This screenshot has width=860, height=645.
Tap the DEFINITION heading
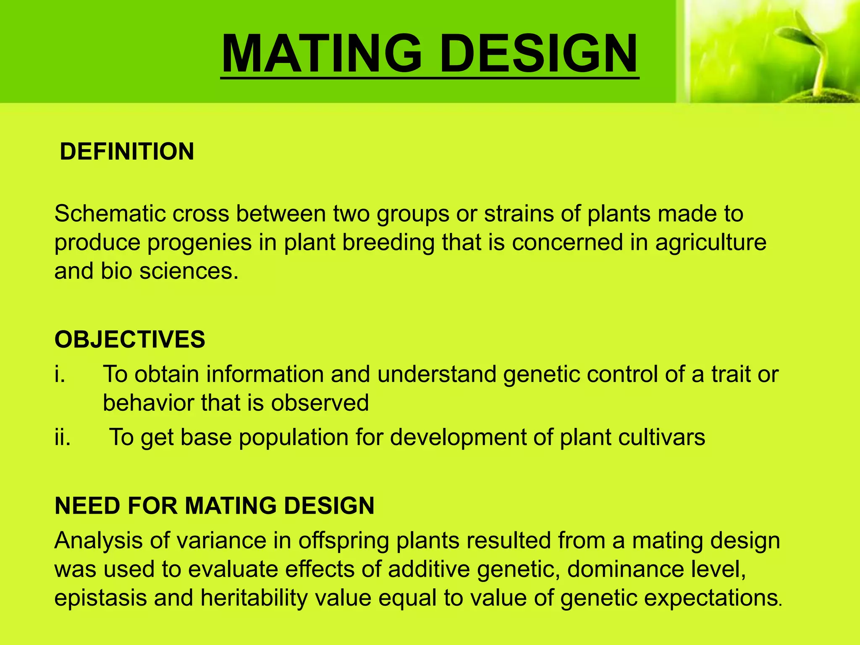127,152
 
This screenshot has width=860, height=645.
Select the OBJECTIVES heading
130,339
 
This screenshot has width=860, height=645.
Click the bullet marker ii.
63,438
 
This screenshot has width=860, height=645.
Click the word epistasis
100,598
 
